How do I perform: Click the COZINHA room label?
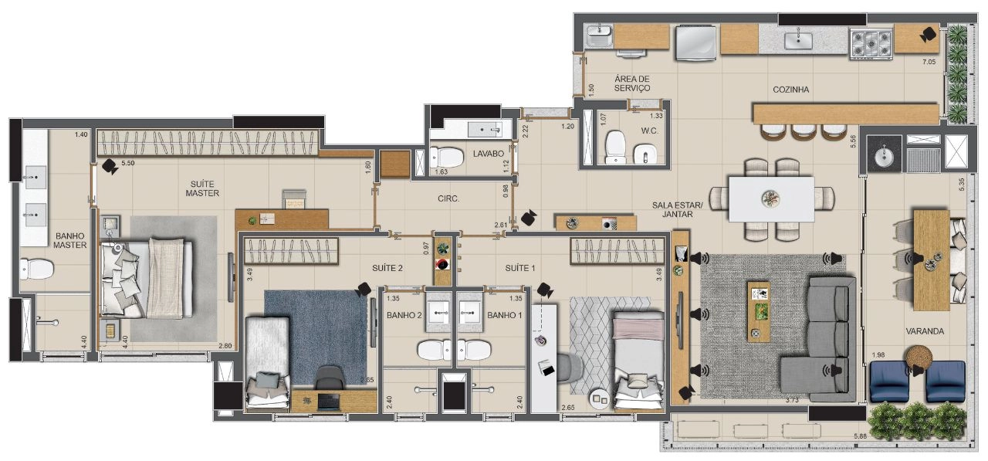pyautogui.click(x=791, y=90)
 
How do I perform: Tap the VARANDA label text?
pyautogui.click(x=925, y=330)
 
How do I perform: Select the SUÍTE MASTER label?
pyautogui.click(x=202, y=188)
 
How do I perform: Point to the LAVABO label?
pyautogui.click(x=489, y=154)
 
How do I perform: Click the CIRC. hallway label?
pyautogui.click(x=448, y=199)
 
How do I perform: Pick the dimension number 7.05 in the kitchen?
pyautogui.click(x=929, y=62)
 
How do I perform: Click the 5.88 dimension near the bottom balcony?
pyautogui.click(x=860, y=436)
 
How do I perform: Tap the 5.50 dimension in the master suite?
pyautogui.click(x=128, y=163)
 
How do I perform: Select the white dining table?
pyautogui.click(x=771, y=199)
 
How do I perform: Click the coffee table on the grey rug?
pyautogui.click(x=759, y=311)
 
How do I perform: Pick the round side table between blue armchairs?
pyautogui.click(x=918, y=357)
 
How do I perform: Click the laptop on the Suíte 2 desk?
pyautogui.click(x=328, y=401)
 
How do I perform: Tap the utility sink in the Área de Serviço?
pyautogui.click(x=598, y=36)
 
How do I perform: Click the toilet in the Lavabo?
pyautogui.click(x=447, y=157)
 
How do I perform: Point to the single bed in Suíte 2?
pyautogui.click(x=268, y=364)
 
